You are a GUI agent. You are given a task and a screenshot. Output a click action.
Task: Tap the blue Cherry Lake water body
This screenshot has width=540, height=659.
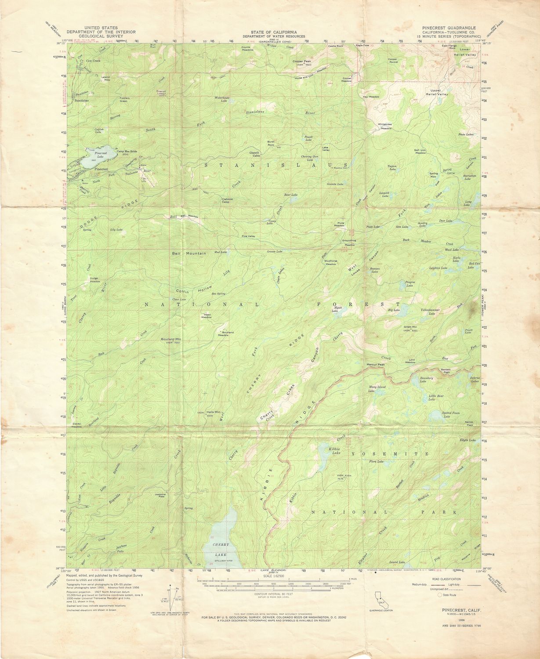coord(222,538)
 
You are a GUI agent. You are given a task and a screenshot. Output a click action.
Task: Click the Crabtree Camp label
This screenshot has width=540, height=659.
coord(226,200)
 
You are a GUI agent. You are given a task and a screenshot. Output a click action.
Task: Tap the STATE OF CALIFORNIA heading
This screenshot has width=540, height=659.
coord(274,32)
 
